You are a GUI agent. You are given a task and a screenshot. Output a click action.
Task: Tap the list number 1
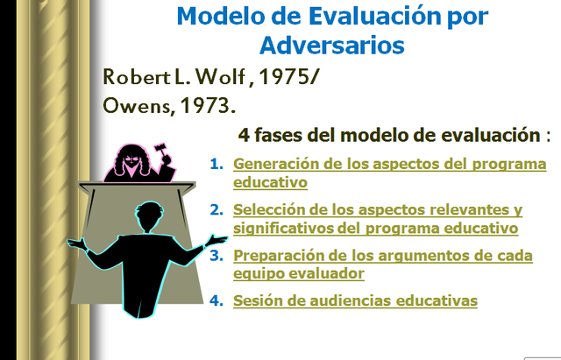click(216, 164)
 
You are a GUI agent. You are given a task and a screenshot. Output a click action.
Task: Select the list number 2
click(216, 209)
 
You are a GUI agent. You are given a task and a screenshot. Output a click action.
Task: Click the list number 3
click(216, 255)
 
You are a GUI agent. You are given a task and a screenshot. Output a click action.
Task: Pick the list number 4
click(216, 300)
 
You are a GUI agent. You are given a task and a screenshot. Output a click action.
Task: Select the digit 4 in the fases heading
click(244, 136)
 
